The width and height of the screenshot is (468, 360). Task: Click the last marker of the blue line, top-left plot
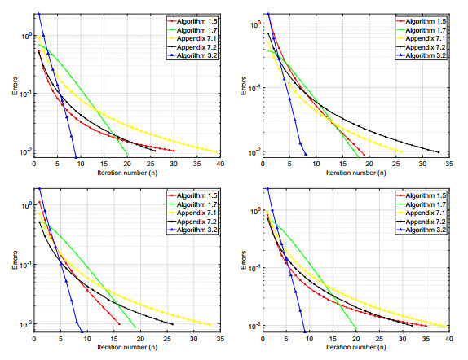coord(76,157)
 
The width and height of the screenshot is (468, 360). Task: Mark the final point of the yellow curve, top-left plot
coord(216,151)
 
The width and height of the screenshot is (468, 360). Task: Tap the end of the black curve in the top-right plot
coord(439,152)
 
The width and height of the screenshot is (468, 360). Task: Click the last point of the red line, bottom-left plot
coord(119,324)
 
